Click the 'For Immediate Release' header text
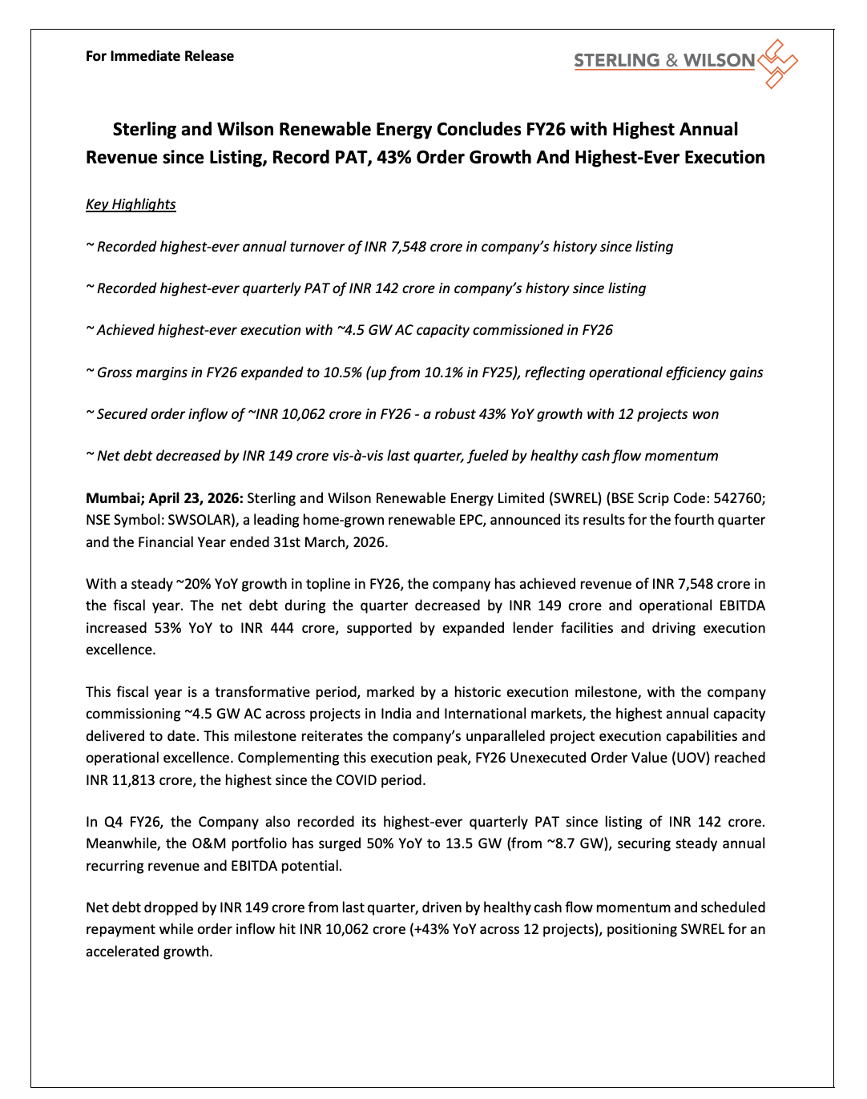(159, 56)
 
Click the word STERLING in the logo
(616, 61)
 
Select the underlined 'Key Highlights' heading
(131, 204)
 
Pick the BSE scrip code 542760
(739, 498)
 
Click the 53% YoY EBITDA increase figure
(167, 628)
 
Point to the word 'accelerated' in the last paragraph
(124, 952)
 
